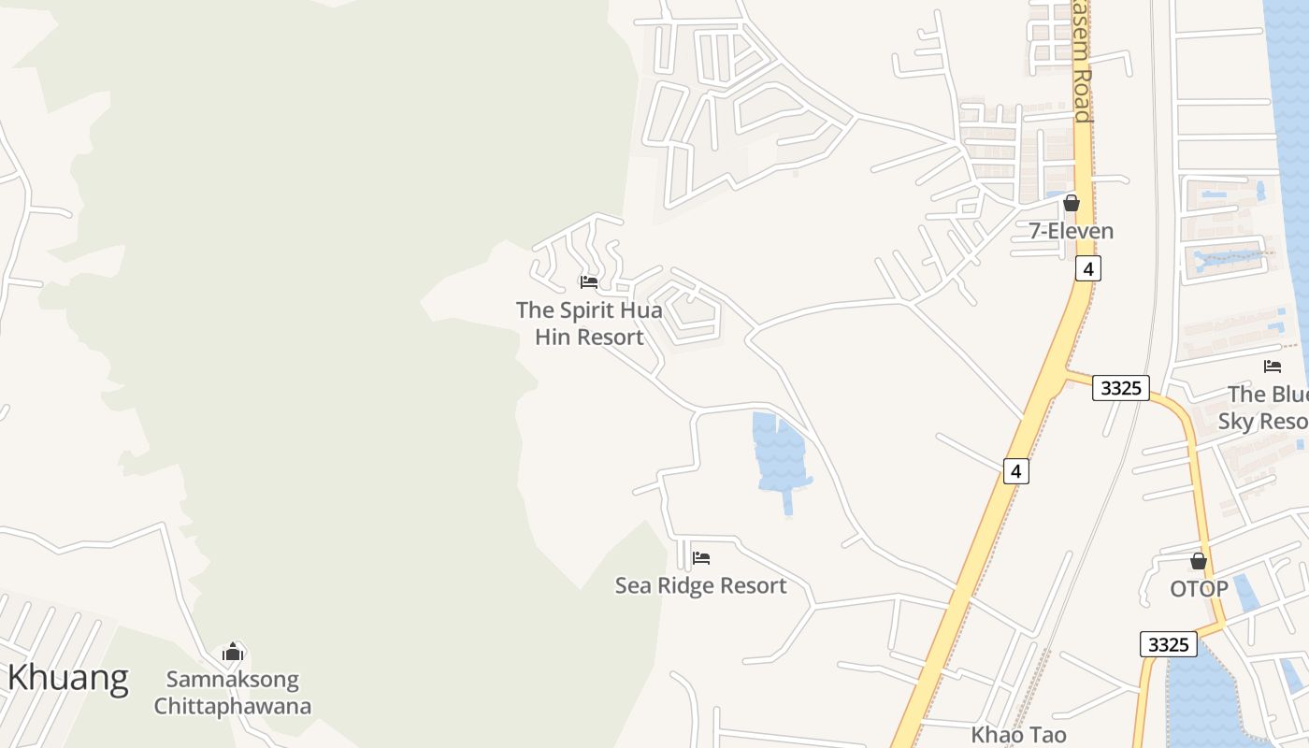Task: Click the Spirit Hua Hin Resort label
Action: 589,323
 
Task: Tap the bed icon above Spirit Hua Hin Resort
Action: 589,281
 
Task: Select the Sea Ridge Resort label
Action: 700,585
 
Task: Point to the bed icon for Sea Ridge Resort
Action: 701,558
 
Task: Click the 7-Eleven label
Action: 1072,231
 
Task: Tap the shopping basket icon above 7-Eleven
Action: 1072,203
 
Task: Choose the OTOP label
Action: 1199,589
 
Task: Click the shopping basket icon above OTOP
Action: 1199,561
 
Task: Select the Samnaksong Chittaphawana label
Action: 233,692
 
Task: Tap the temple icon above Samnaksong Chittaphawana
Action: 233,652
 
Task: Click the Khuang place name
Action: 67,677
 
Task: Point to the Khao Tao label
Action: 1018,735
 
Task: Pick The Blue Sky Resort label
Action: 1268,408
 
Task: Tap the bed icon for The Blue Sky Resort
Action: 1273,367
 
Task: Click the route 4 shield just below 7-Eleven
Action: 1086,267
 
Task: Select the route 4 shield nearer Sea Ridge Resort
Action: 1016,470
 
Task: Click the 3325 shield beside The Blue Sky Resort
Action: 1120,387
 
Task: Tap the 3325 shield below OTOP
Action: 1168,644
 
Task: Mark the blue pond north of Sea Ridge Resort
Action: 779,453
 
